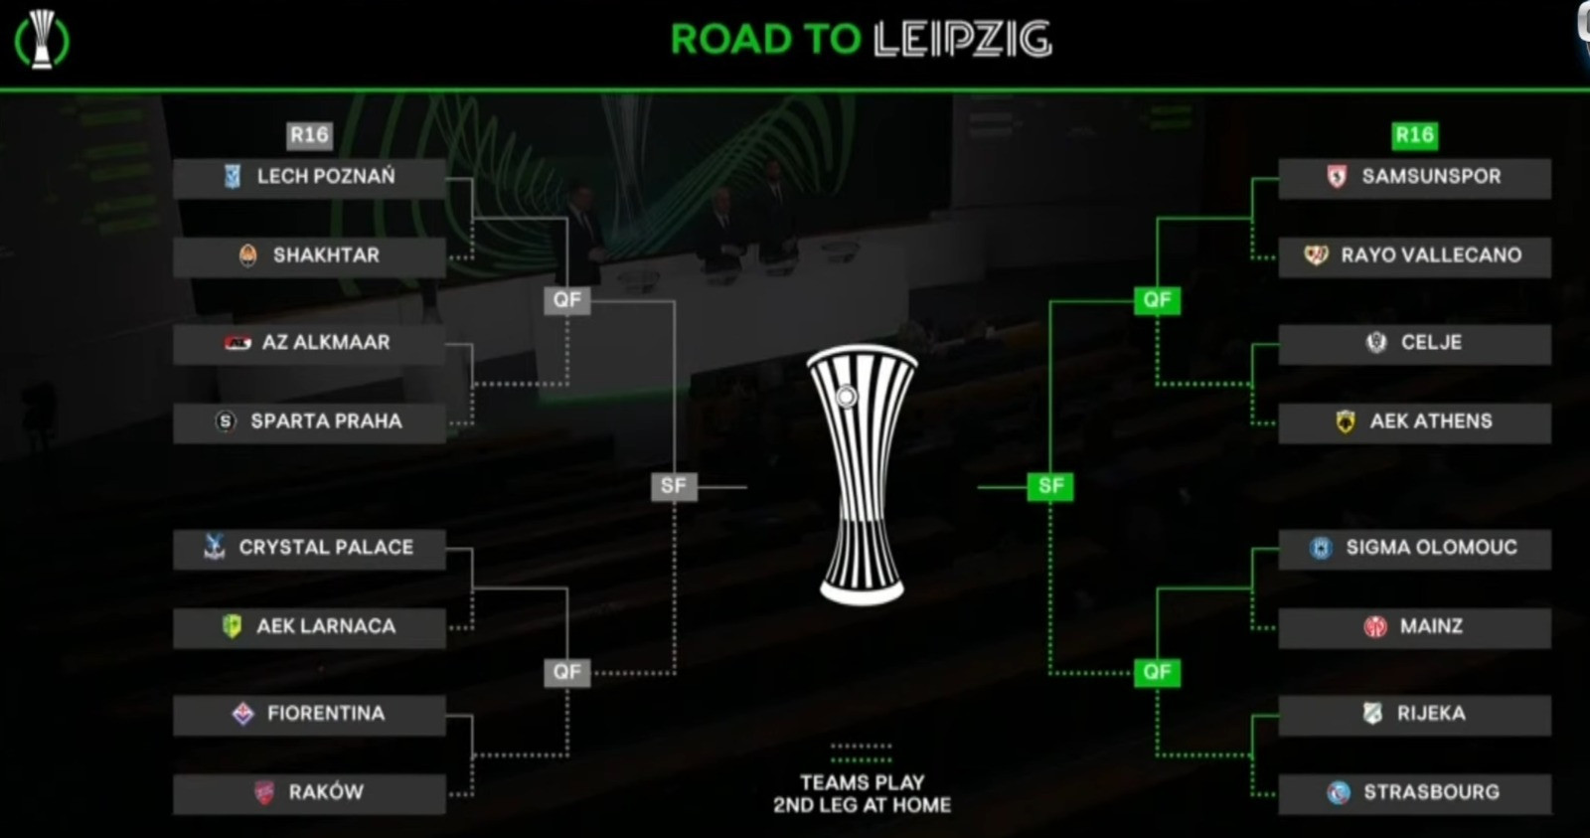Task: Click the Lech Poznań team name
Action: tap(326, 177)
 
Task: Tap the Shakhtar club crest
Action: tap(248, 255)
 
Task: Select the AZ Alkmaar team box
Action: tap(309, 343)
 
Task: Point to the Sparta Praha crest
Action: tap(226, 421)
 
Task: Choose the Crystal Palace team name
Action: tap(326, 548)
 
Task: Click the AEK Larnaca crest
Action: tap(232, 626)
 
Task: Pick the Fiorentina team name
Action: tap(326, 714)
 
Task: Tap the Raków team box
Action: tap(309, 793)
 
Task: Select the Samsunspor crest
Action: tap(1337, 177)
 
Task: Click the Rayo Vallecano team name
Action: tap(1431, 255)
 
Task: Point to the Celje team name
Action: tap(1431, 343)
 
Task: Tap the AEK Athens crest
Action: tap(1346, 421)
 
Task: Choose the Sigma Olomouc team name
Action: tap(1431, 548)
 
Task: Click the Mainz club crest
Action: tap(1375, 626)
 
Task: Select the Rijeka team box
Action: tap(1414, 714)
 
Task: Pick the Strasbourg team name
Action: tap(1431, 793)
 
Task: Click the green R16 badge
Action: tap(1414, 135)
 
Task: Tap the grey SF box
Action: tap(674, 486)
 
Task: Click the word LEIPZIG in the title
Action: tap(962, 40)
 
